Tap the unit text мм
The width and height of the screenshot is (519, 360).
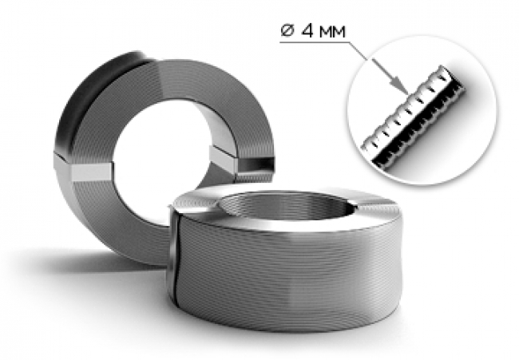332,32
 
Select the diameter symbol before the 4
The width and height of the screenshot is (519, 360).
287,31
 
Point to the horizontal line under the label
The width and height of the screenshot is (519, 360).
313,42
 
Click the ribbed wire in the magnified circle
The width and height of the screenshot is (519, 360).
414,116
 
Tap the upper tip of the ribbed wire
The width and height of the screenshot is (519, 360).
443,67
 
